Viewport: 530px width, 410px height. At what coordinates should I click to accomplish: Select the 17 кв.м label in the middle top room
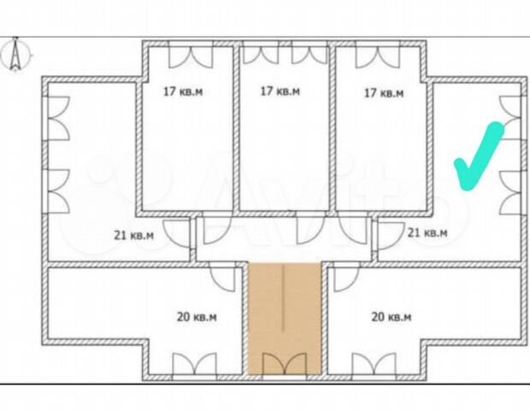279,91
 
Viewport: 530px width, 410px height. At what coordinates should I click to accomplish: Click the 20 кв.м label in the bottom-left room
197,317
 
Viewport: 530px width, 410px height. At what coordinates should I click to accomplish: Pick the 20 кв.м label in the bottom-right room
392,317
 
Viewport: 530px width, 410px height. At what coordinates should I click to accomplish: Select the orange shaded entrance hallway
285,316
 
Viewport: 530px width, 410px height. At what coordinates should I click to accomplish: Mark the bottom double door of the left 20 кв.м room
196,366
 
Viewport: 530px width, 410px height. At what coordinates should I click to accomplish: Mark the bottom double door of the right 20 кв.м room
372,366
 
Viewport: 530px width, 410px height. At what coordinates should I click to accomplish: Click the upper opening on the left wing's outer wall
56,118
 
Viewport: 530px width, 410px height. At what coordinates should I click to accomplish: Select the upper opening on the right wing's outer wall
511,118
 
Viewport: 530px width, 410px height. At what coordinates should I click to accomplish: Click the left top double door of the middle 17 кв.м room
260,54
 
